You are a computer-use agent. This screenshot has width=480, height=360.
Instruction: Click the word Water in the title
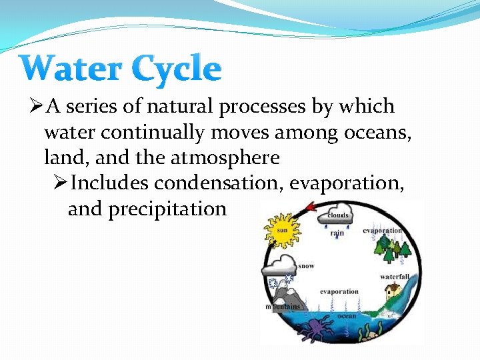70,69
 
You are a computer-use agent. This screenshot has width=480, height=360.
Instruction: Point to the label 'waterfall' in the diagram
395,276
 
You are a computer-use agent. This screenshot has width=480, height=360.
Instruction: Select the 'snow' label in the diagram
306,266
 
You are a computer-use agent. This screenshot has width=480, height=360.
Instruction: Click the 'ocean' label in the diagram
347,316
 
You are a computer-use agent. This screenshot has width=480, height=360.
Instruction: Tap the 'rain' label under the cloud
337,233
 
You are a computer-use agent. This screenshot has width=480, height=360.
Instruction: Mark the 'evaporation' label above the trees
382,231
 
